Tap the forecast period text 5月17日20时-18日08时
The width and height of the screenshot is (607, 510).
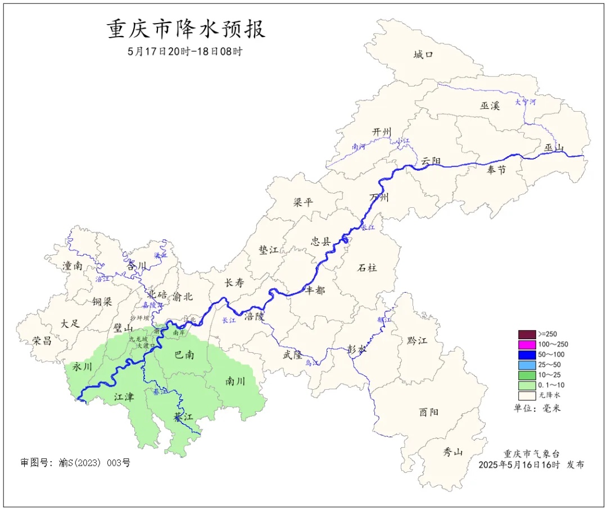pyautogui.click(x=186, y=51)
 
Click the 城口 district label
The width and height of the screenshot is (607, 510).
pyautogui.click(x=423, y=54)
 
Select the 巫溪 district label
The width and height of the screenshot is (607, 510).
pyautogui.click(x=490, y=106)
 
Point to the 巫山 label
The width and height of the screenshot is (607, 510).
pyautogui.click(x=554, y=147)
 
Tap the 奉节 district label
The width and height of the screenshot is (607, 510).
pyautogui.click(x=496, y=170)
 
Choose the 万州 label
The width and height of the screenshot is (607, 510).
pyautogui.click(x=379, y=197)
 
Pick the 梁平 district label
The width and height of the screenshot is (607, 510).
pyautogui.click(x=303, y=202)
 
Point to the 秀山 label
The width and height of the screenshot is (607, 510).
pyautogui.click(x=452, y=451)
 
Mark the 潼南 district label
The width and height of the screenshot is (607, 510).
pyautogui.click(x=73, y=266)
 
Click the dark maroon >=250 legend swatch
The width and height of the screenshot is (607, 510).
pyautogui.click(x=526, y=334)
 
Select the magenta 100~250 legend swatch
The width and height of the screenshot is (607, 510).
pyautogui.click(x=526, y=344)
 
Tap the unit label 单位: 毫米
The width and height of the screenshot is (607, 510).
pyautogui.click(x=537, y=408)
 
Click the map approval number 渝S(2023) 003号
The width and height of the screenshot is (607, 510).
pyautogui.click(x=75, y=463)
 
